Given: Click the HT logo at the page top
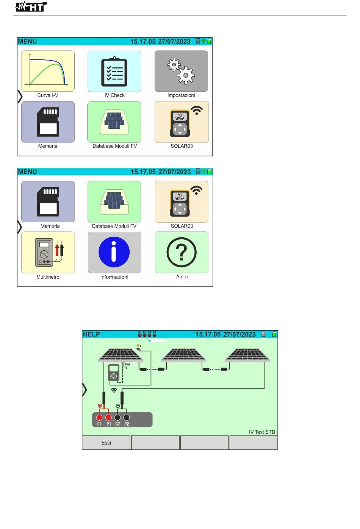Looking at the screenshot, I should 31,6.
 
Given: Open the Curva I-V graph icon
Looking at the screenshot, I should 48,71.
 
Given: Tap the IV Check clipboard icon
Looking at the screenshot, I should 114,71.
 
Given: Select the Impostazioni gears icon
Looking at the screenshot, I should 181,71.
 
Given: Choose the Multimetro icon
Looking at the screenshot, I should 48,252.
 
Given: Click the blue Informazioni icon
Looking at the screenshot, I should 114,252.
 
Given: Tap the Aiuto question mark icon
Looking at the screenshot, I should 182,252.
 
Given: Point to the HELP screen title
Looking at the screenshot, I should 91,334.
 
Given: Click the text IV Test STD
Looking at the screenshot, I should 262,432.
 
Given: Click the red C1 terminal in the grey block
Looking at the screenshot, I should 99,418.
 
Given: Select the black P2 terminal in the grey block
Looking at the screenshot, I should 127,418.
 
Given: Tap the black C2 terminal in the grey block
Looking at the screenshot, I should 117,418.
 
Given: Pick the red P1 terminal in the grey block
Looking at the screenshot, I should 108,418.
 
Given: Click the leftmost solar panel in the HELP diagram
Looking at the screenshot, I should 121,355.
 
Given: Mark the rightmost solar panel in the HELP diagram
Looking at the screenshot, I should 247,355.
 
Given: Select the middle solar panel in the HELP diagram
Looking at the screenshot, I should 184,355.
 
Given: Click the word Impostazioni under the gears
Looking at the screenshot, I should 181,95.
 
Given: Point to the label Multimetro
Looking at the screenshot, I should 48,277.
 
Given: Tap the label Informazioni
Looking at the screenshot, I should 114,277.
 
